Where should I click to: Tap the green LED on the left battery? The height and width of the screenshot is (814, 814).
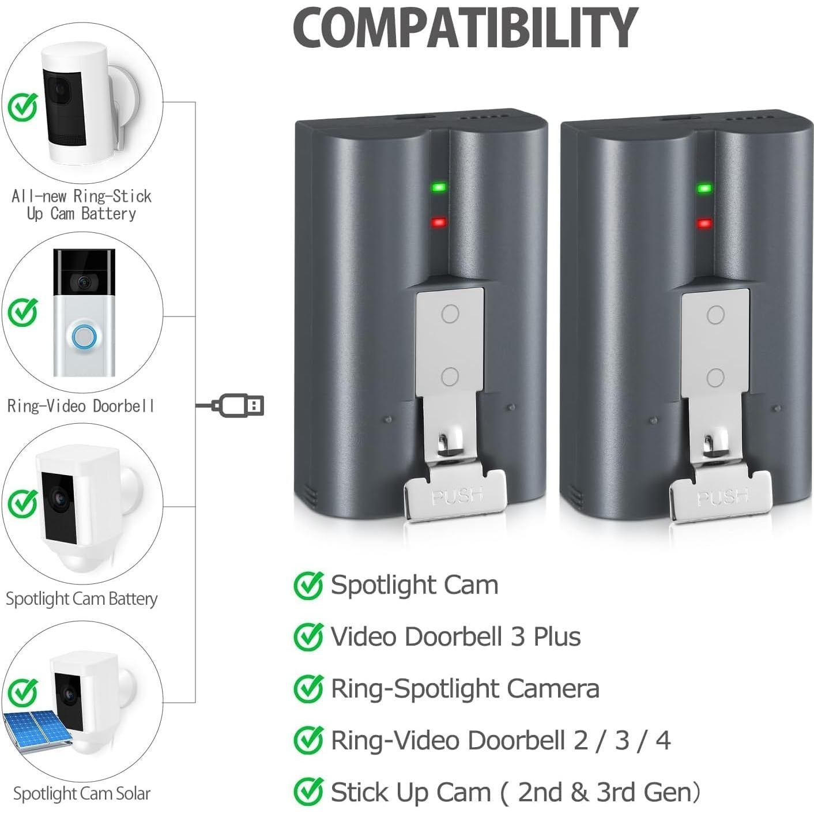[439, 187]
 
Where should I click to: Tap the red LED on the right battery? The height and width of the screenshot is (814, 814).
[704, 223]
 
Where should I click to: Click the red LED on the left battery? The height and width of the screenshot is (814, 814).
[439, 221]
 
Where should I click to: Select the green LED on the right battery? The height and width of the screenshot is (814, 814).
[704, 188]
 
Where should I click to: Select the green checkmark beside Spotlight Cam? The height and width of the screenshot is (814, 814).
[308, 586]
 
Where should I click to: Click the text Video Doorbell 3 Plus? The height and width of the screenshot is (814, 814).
[455, 637]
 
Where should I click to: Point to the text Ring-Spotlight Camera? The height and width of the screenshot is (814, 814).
[465, 689]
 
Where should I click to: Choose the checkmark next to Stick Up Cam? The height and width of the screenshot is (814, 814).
[308, 792]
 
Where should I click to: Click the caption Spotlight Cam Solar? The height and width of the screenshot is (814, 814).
[81, 794]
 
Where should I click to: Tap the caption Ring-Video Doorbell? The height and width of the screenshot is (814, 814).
[81, 406]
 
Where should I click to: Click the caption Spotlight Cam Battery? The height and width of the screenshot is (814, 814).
[81, 599]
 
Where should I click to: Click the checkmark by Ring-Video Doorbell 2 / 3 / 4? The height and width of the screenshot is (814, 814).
[308, 740]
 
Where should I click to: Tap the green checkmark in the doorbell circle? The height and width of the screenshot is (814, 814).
[23, 312]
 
